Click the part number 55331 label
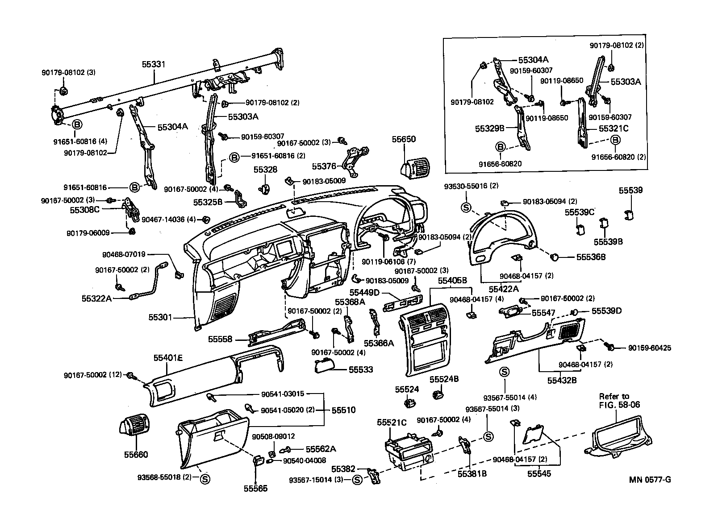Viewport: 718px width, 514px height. pos(153,64)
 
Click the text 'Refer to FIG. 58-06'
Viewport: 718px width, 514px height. pos(616,400)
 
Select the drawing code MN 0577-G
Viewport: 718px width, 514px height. pos(650,480)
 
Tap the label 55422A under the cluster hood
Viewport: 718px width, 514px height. pos(503,289)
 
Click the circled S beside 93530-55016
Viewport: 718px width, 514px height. pos(465,207)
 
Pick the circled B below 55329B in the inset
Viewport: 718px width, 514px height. pos(500,146)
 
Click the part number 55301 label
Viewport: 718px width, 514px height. pos(160,318)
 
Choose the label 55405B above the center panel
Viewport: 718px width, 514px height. pos(452,281)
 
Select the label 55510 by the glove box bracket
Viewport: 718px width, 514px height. pos(343,410)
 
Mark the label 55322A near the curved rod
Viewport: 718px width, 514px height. pos(96,298)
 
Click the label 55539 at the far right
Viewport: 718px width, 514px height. pos(630,191)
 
